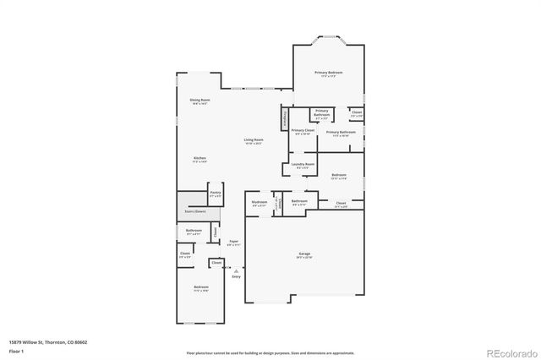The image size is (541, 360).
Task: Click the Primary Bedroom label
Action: click(329, 74)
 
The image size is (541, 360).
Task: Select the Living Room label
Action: click(253, 140)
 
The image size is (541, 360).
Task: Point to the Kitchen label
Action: click(200, 159)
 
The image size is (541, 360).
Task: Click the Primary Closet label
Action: click(303, 131)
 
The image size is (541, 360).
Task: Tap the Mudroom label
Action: click(260, 202)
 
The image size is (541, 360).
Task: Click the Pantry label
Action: click(216, 194)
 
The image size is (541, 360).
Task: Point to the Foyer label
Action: click(233, 243)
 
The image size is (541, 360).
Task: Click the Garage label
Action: click(304, 254)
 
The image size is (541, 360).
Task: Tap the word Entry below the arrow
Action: click(236, 276)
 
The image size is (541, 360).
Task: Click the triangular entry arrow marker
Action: click(236, 270)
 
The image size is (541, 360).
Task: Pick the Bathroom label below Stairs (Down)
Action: click(194, 232)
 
